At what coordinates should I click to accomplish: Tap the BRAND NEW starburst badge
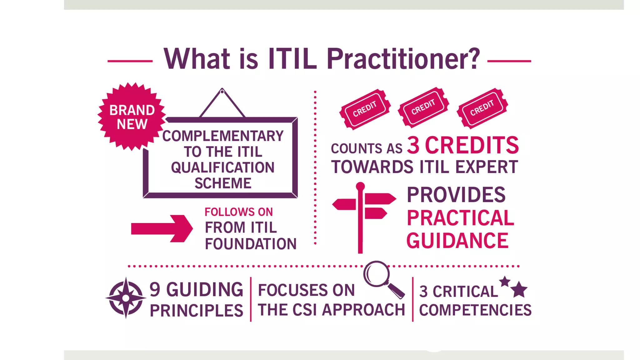132,117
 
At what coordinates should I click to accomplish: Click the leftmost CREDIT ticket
365,109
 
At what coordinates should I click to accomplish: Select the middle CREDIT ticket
423,107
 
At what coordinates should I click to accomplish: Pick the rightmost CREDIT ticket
482,108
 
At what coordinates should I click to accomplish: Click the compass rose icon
126,298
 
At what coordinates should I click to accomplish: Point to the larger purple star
519,289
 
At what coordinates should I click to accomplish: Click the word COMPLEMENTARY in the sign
223,136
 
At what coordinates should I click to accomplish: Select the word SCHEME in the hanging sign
223,183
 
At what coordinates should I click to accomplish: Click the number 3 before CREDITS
413,145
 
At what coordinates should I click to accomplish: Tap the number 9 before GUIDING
155,289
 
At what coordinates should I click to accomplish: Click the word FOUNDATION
251,244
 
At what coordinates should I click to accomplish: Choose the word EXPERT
486,167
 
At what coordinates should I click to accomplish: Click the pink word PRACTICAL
460,218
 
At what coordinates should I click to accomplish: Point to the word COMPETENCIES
475,310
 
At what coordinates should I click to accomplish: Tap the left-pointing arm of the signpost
344,204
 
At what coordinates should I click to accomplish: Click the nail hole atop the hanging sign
222,92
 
